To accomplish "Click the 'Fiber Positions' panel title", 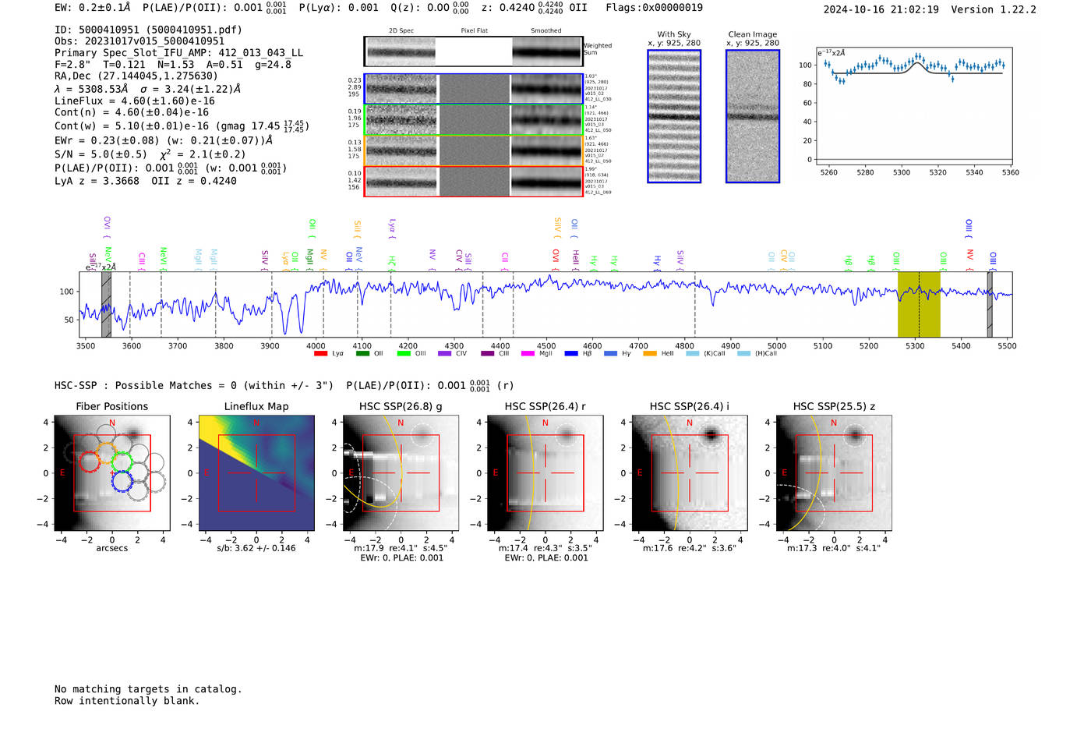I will pos(111,406).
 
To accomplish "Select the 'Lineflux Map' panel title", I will pos(256,406).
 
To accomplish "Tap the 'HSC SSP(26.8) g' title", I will pos(401,406).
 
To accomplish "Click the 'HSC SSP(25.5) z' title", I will pos(834,406).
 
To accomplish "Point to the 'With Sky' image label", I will pos(673,34).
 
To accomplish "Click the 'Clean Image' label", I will pos(752,34).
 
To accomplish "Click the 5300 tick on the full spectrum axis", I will pos(915,345).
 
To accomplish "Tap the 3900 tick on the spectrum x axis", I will pos(270,345).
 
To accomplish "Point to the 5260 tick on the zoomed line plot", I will pos(828,172).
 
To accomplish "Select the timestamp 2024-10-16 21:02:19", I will pos(881,9).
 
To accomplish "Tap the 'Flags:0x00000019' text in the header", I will pos(654,7).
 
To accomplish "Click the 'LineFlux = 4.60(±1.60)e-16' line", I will pos(134,101).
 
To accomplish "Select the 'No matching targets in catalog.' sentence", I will pos(148,689).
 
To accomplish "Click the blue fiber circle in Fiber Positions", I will pos(121,480).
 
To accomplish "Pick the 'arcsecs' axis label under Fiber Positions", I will pos(111,548).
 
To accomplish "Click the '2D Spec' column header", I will pos(401,30).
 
